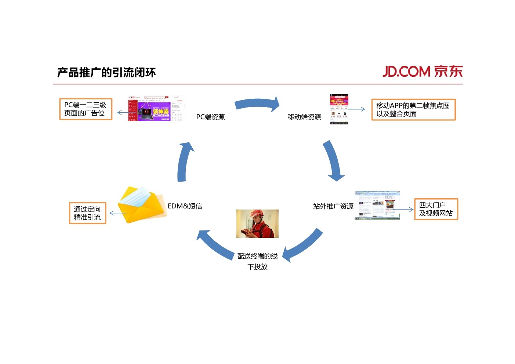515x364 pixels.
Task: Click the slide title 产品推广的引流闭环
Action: tap(106, 72)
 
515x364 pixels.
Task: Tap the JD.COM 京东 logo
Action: tap(422, 71)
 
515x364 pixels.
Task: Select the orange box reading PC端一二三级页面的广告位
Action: tap(86, 109)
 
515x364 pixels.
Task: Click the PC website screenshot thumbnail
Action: tap(156, 108)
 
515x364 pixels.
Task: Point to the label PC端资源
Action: tap(210, 117)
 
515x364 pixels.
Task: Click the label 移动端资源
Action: tap(304, 117)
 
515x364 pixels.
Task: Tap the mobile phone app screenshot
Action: tap(339, 109)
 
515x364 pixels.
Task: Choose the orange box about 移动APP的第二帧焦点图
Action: tap(413, 109)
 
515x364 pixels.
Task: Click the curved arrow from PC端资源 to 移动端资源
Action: tap(257, 104)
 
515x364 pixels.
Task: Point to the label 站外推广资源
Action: tap(333, 206)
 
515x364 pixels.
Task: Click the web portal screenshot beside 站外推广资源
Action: tap(377, 205)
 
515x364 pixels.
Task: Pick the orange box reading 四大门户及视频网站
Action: tap(436, 209)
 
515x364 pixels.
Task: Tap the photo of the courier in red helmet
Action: tap(257, 223)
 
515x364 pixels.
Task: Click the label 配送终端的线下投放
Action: tap(257, 261)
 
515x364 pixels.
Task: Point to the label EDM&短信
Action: tap(185, 206)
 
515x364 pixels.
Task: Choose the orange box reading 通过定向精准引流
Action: tap(87, 213)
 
